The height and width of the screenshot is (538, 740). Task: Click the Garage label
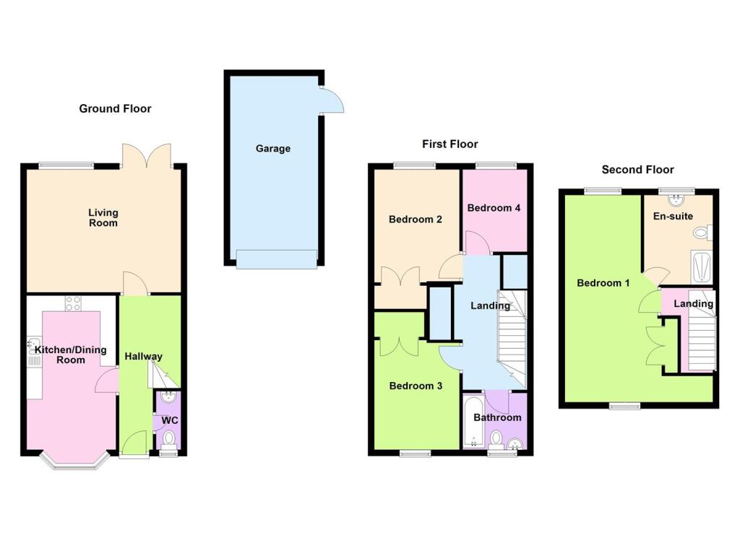click(272, 149)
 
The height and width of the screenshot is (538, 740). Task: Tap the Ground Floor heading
click(115, 109)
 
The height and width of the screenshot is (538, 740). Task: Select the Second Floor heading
click(637, 170)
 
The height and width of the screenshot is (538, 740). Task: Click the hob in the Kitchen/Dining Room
click(74, 304)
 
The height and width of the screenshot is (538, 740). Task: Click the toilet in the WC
click(168, 438)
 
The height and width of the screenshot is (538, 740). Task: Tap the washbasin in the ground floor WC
click(168, 396)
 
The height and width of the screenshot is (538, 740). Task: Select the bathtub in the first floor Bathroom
click(473, 421)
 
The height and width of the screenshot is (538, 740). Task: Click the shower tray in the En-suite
click(701, 267)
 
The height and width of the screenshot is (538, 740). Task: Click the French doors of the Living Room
click(147, 155)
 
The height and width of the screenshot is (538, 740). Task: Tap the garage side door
click(332, 100)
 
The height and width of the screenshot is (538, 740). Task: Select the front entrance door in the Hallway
click(134, 443)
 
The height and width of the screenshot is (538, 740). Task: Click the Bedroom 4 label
click(494, 208)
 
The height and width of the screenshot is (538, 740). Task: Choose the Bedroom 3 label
click(416, 386)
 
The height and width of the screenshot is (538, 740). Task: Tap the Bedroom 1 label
click(603, 283)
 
